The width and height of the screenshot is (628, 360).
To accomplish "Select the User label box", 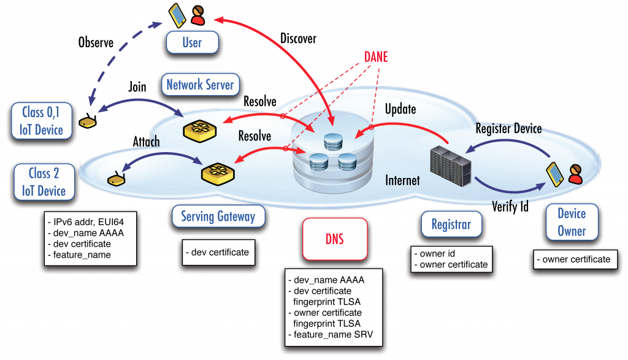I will [x=191, y=43].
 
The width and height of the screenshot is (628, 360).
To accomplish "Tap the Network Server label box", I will [x=200, y=85].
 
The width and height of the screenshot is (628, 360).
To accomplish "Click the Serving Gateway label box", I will [x=218, y=216].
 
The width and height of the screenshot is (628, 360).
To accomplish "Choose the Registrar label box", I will [x=451, y=224].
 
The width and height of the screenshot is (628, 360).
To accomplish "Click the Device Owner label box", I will [x=572, y=222].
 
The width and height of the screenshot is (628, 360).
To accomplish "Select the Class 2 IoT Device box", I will [x=44, y=182].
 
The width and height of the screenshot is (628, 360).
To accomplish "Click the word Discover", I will [x=298, y=39].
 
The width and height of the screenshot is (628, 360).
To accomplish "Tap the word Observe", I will [x=96, y=42].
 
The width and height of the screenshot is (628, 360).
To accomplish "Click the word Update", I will [x=400, y=109].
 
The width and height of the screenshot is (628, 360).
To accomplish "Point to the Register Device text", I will [x=508, y=129].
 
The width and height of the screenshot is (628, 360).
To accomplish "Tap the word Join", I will [x=137, y=87].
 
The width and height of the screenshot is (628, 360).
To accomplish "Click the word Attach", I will [x=146, y=142].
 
